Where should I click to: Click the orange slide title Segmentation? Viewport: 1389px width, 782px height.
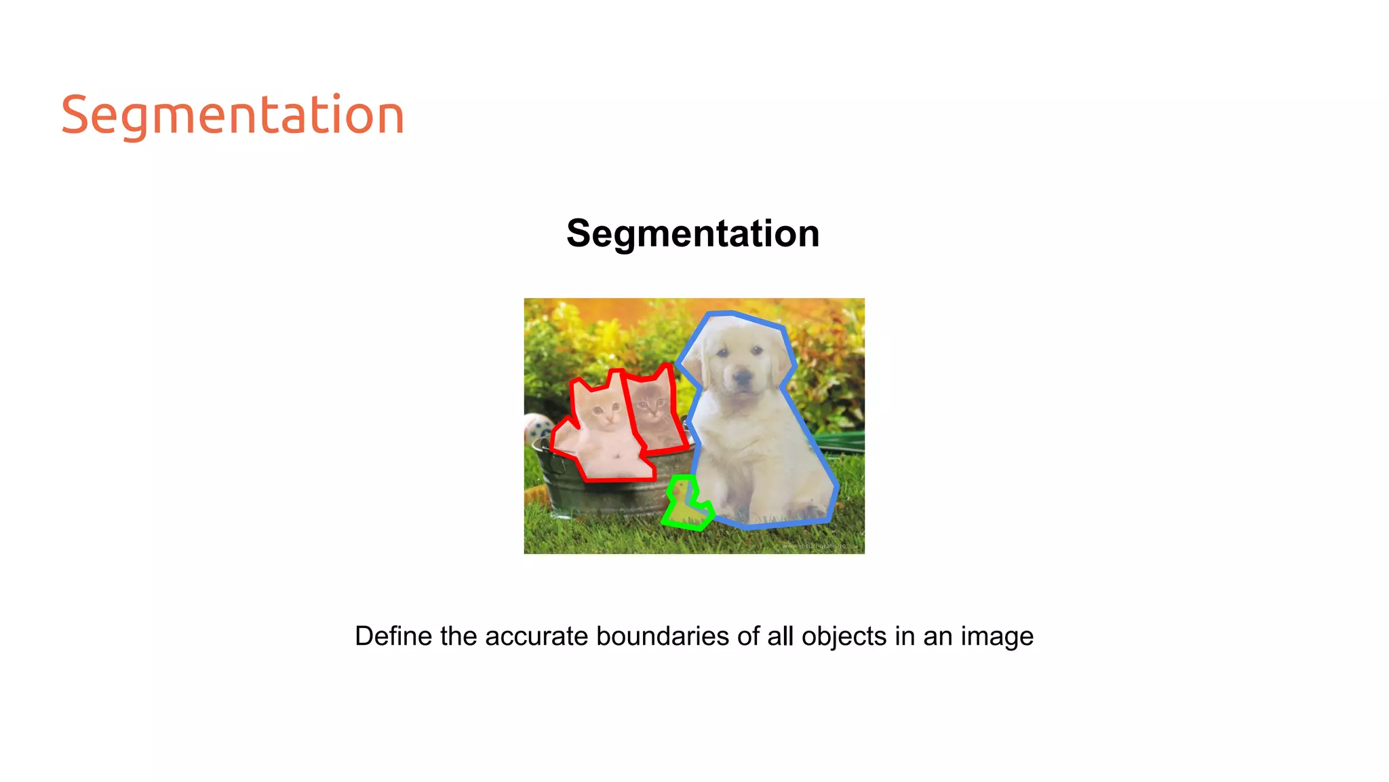(x=233, y=115)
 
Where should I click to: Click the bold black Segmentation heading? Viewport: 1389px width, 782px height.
(x=692, y=234)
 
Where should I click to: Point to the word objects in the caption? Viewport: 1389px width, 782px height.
(x=844, y=637)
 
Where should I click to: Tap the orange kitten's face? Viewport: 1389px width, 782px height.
(x=603, y=411)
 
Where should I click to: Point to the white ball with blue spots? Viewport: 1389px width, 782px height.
(x=539, y=430)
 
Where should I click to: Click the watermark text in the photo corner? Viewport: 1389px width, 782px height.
(x=813, y=546)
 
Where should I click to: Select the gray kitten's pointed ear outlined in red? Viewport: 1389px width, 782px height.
(x=663, y=373)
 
